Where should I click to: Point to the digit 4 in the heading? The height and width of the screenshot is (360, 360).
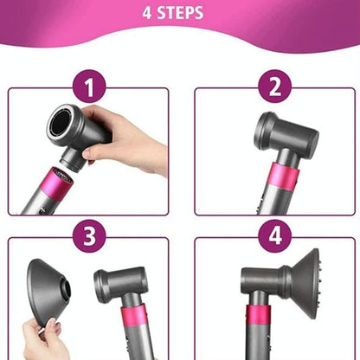158,14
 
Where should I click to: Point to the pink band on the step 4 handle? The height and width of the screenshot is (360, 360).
258,320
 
